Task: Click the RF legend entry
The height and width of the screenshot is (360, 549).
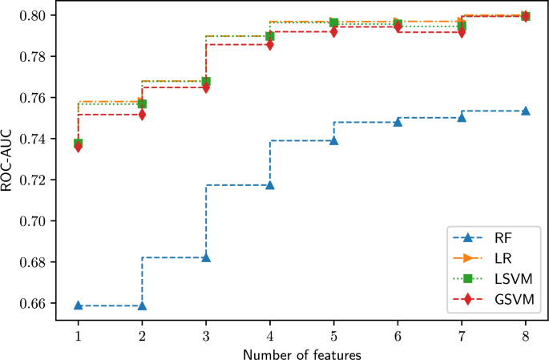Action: coord(502,238)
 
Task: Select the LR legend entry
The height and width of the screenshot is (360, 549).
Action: coord(500,257)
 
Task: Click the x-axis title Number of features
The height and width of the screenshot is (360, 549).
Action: coord(302,352)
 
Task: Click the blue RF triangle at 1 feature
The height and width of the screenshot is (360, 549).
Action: coord(79,305)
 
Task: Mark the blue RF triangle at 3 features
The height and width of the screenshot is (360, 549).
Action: coord(206,257)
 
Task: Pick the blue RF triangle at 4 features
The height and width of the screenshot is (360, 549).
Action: coord(270,185)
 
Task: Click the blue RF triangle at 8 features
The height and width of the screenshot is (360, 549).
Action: coord(526,111)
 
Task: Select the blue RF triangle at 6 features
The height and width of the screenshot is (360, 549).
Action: coord(398,122)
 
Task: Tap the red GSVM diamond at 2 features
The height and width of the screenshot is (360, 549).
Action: coord(142,115)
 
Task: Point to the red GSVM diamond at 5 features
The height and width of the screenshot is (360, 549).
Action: coord(334,31)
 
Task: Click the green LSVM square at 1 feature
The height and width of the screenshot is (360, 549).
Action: coord(79,143)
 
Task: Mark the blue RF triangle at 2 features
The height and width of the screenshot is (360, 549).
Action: coord(142,305)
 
